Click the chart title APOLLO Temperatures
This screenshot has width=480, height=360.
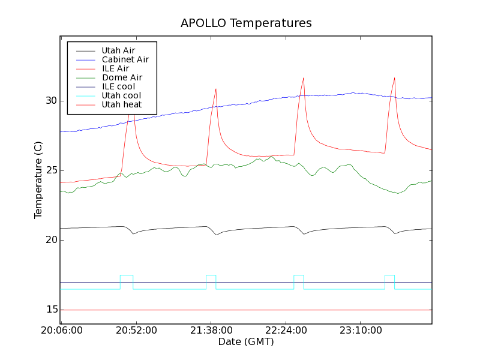click(246, 23)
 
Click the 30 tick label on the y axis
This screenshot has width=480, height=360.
click(51, 101)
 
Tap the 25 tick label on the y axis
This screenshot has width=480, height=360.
click(51, 170)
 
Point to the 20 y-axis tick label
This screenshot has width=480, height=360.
click(51, 240)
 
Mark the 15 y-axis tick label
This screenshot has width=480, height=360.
click(51, 310)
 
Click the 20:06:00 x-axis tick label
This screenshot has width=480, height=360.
click(62, 331)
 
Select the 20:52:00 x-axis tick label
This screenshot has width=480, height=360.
click(136, 331)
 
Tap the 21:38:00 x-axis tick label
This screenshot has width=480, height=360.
click(211, 331)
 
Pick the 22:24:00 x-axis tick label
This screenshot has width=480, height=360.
click(285, 331)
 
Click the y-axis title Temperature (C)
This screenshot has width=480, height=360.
click(38, 180)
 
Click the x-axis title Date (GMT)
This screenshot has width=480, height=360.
click(246, 342)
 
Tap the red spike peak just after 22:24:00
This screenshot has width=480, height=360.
click(304, 77)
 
